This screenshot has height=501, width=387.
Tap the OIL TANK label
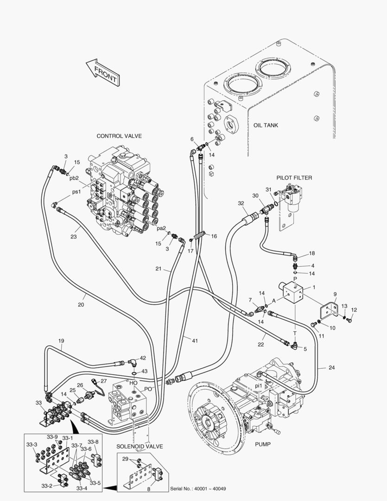coord(266,125)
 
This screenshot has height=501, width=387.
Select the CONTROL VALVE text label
coord(119,136)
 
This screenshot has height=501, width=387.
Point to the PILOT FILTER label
coord(294,178)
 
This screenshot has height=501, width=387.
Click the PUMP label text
coord(262,444)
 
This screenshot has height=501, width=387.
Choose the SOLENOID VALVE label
coord(140,446)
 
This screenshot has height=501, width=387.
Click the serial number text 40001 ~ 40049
coord(198,489)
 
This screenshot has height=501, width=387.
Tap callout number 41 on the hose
coord(195,341)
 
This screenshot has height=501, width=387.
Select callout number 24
coord(331,368)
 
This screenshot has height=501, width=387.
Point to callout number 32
coord(241,203)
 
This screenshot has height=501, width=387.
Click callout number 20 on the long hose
coord(81,305)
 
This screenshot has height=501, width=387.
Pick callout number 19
coord(61,341)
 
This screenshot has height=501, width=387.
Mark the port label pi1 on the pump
coord(259,385)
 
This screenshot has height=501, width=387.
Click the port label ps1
coord(76,191)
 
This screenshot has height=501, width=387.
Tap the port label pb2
coord(74,178)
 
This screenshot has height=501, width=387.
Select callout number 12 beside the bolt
coord(354,310)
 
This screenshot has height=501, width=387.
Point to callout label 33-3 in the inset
coord(32,444)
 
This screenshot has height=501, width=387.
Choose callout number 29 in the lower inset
coord(125,459)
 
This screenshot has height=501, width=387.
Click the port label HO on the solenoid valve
coord(133,383)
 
